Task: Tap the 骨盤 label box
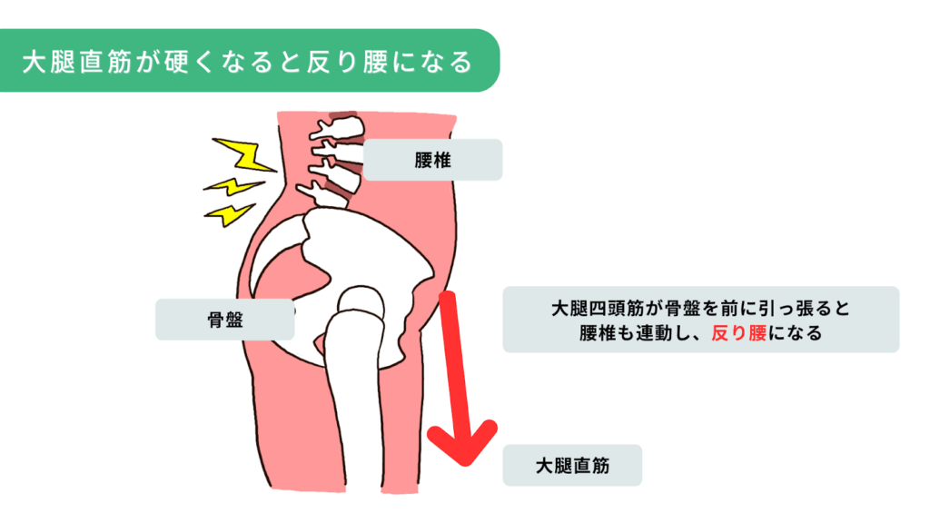224,320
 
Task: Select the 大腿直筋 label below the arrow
572,465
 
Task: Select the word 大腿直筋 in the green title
78,62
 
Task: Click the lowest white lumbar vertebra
327,192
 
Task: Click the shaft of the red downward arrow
451,363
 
